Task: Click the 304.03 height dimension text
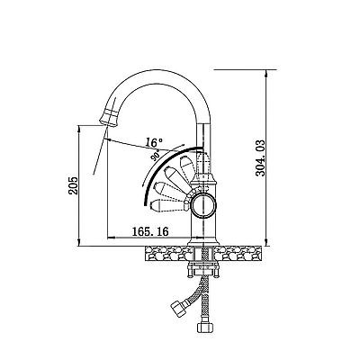tap(260, 157)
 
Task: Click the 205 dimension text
tap(73, 185)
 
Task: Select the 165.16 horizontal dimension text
tap(150, 231)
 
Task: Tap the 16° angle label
tap(154, 142)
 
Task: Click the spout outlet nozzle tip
tap(108, 119)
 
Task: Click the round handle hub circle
tap(204, 205)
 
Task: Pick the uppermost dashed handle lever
tap(187, 166)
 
